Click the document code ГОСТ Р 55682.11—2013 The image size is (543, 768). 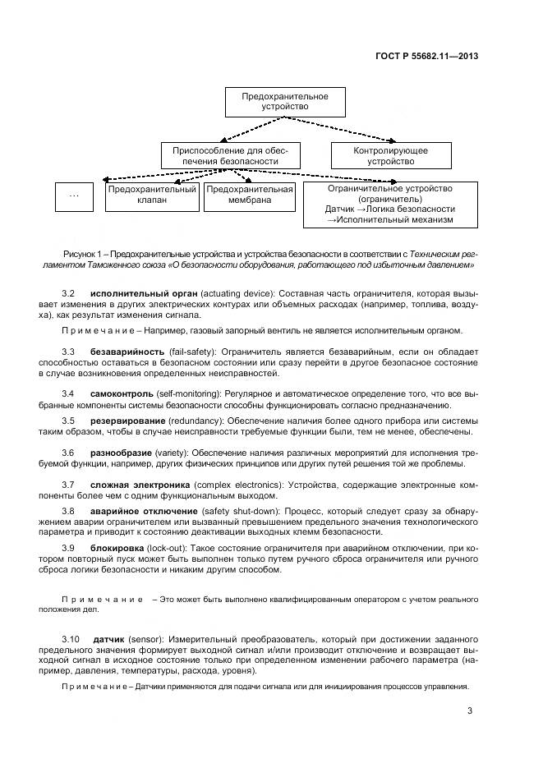(x=428, y=57)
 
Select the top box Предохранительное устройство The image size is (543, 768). (x=284, y=102)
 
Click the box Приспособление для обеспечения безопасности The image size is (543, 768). (x=231, y=156)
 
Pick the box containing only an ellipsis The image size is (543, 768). (x=76, y=195)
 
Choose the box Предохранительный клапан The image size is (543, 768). (x=153, y=195)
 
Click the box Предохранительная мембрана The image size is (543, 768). (x=250, y=195)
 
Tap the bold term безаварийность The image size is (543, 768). (x=127, y=352)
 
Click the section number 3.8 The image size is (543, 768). (x=69, y=511)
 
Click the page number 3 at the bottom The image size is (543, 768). (x=470, y=711)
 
